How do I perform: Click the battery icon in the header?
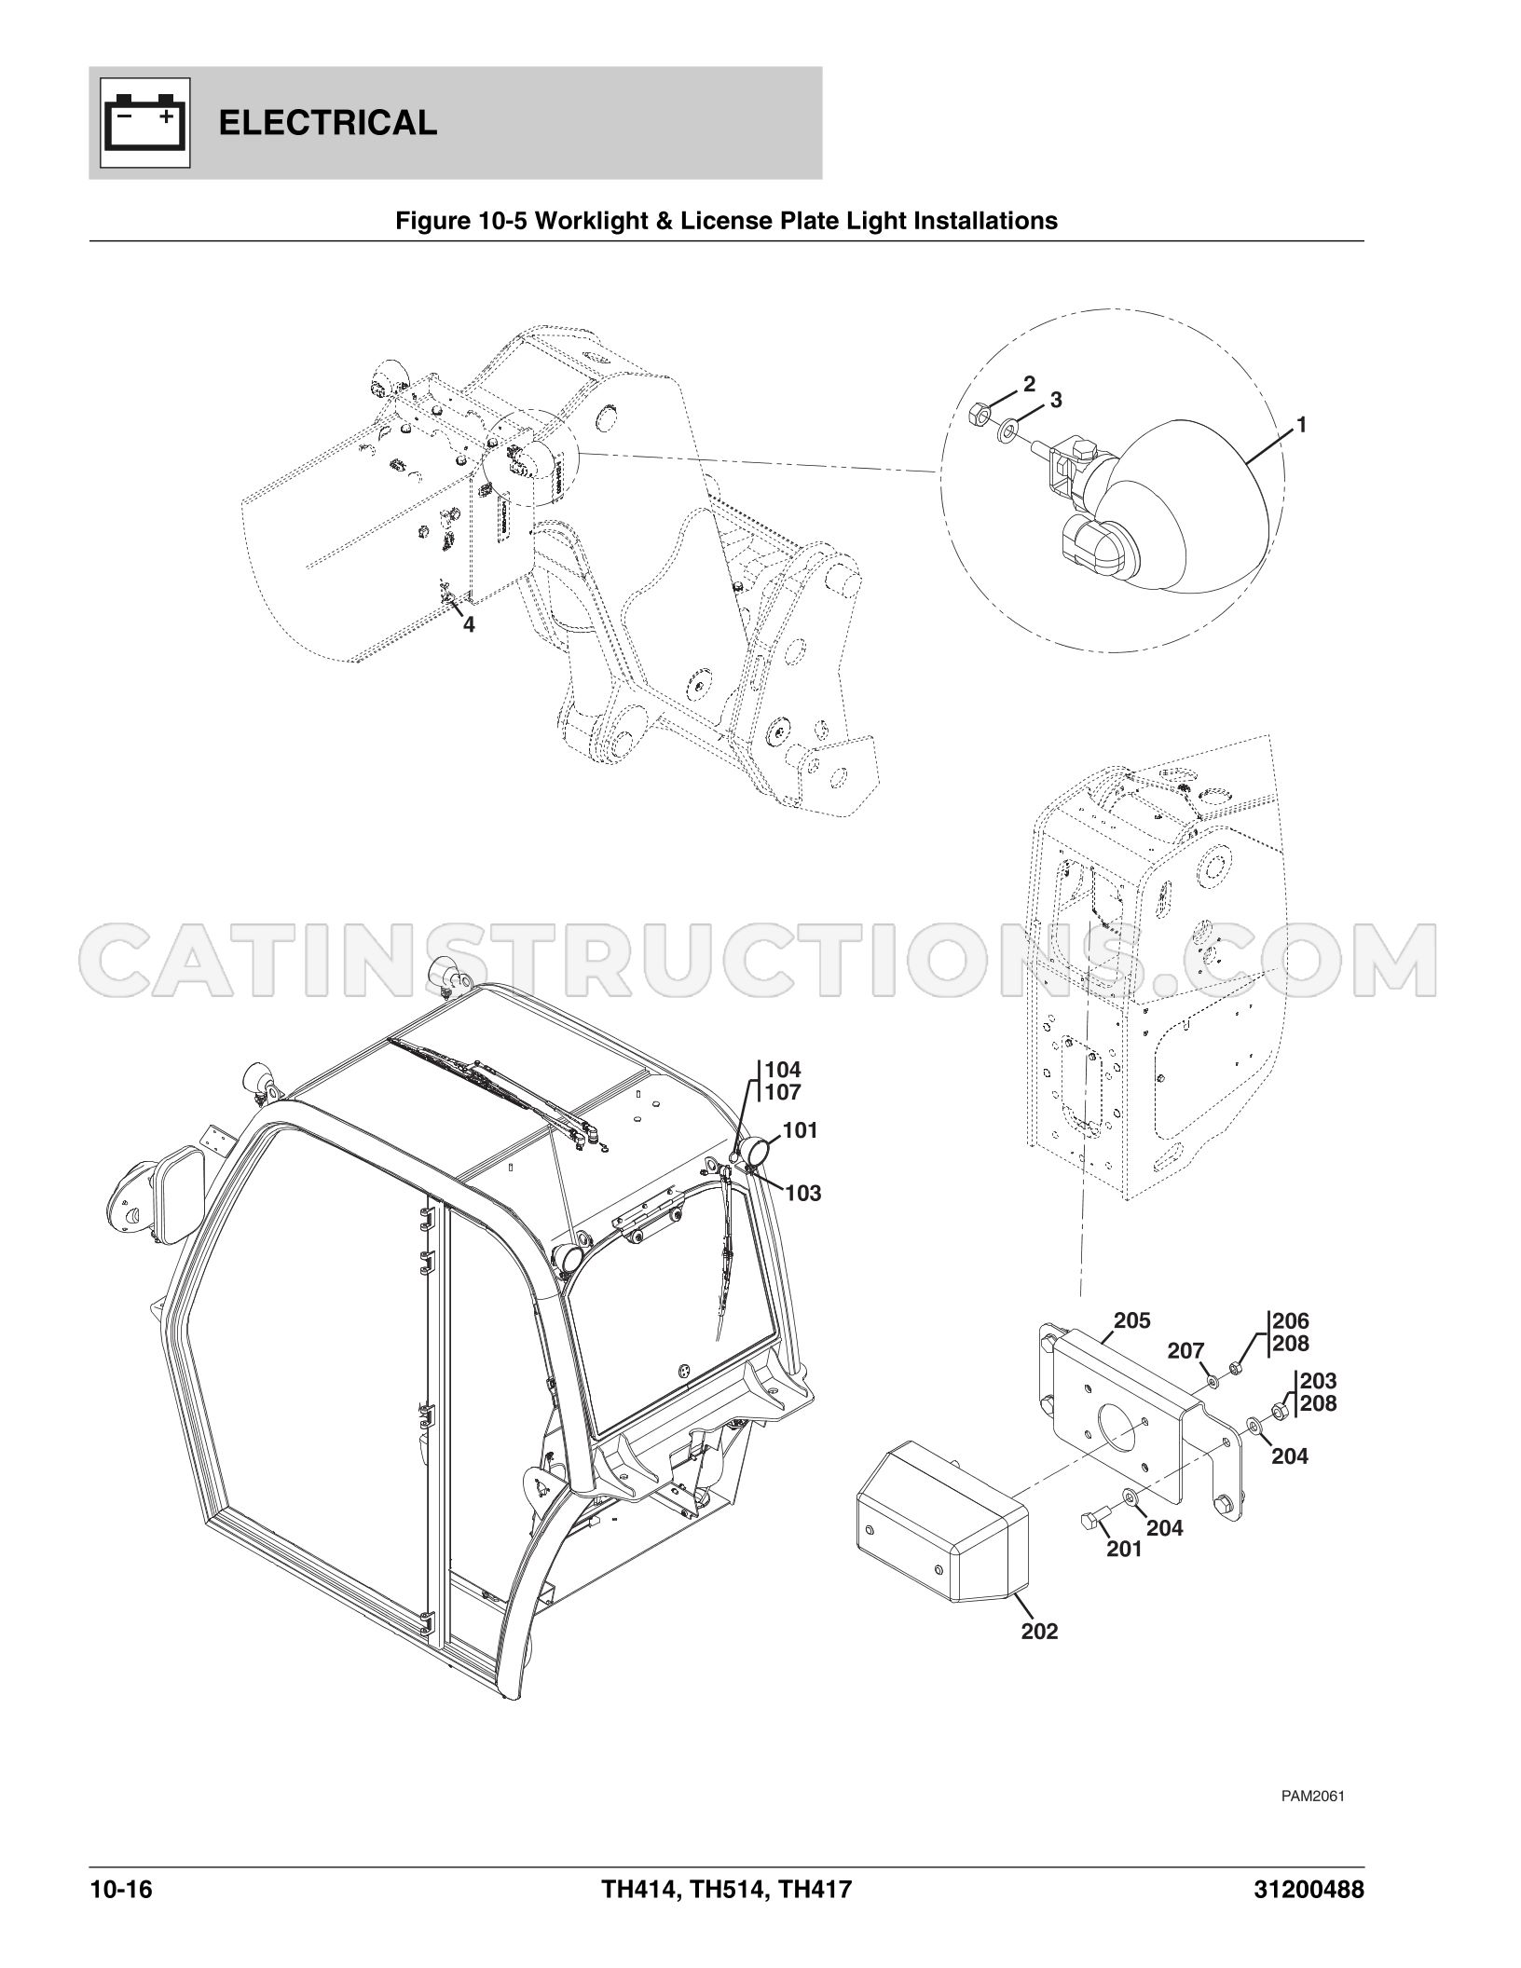(x=144, y=122)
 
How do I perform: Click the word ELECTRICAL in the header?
(x=328, y=123)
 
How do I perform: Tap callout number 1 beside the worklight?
(x=1302, y=425)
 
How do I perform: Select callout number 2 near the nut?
(x=1029, y=383)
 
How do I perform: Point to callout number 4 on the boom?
(x=469, y=625)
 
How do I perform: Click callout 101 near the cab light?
(x=800, y=1130)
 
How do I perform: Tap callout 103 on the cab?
(x=803, y=1193)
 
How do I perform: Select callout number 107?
(x=783, y=1092)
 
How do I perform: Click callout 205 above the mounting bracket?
(x=1132, y=1320)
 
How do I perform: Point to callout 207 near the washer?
(x=1186, y=1351)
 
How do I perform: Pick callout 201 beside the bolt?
(x=1125, y=1549)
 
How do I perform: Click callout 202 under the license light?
(x=1039, y=1632)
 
